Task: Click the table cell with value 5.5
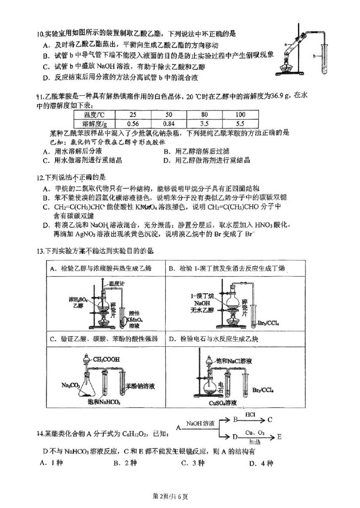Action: click(x=240, y=123)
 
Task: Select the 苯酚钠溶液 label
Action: click(x=142, y=385)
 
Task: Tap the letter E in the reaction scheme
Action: click(x=280, y=437)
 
